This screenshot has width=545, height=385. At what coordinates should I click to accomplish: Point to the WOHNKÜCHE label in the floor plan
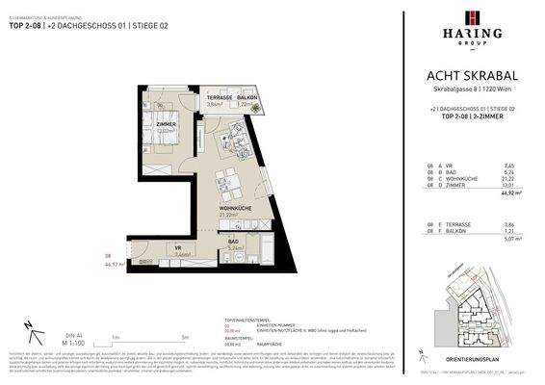tap(234, 207)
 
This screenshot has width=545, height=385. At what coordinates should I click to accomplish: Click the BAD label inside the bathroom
tap(233, 241)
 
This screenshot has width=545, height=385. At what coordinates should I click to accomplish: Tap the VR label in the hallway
tap(178, 248)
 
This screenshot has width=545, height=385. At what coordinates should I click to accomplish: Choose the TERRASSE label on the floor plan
tap(218, 97)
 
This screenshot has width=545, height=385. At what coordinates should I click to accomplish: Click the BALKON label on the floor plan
tap(247, 97)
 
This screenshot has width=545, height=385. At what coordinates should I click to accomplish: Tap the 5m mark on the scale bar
tap(184, 338)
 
